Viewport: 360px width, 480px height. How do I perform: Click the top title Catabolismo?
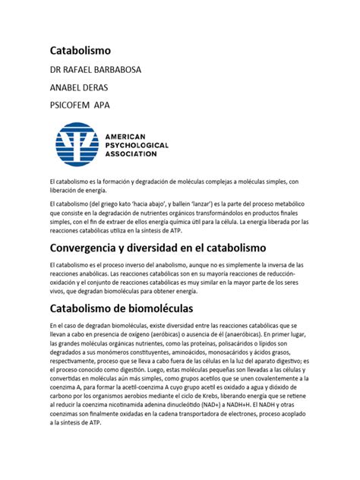[81, 51]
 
